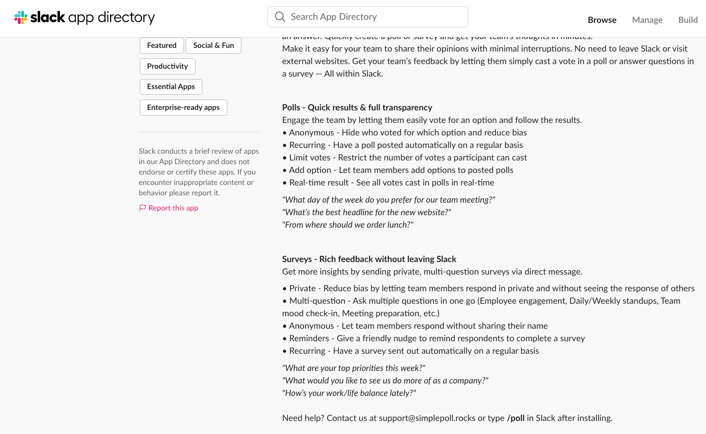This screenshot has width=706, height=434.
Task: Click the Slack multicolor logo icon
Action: click(21, 18)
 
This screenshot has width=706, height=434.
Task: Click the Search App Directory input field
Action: click(375, 17)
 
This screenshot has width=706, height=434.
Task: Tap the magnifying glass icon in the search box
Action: click(280, 17)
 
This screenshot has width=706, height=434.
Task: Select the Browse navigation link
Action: click(602, 20)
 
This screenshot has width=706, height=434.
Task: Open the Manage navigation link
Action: click(647, 20)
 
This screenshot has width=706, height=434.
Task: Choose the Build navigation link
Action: click(688, 20)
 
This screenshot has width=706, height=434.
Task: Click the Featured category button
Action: click(162, 45)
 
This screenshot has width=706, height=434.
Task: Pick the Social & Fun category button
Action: click(213, 45)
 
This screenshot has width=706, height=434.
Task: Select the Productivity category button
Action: click(167, 66)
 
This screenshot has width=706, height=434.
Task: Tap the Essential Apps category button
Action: click(171, 86)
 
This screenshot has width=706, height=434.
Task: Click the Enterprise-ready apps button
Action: click(183, 107)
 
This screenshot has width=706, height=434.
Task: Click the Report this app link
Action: click(173, 208)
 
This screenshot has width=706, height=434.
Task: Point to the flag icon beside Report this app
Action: click(142, 208)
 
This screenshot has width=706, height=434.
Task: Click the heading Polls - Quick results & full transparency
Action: click(357, 107)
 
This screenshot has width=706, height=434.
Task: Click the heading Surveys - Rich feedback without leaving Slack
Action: click(369, 259)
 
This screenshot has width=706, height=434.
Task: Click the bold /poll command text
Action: click(516, 418)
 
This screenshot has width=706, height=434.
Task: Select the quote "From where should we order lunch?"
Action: click(348, 225)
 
